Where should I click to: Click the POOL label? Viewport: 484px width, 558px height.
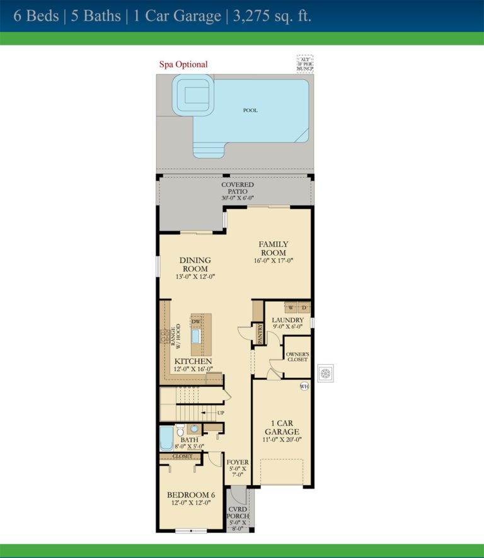click(x=250, y=110)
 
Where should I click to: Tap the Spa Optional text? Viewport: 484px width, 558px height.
click(x=183, y=64)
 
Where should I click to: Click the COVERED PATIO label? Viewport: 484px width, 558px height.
click(x=238, y=188)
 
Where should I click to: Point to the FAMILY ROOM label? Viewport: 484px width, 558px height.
click(x=274, y=248)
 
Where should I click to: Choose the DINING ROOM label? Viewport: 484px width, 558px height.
click(x=195, y=264)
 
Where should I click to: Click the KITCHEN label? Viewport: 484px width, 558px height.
click(x=193, y=361)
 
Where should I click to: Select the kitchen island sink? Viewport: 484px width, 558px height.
click(x=196, y=336)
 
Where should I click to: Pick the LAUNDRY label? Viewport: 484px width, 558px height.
click(x=287, y=320)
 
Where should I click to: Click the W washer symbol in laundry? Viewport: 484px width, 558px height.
click(x=291, y=307)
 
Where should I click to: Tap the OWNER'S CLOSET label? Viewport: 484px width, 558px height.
click(x=297, y=357)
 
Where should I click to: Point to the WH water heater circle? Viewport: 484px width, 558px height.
click(x=304, y=386)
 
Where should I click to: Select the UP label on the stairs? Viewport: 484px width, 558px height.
click(x=220, y=413)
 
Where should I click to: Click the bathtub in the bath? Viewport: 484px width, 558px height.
click(x=166, y=437)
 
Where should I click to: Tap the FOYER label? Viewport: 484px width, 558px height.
click(x=238, y=462)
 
